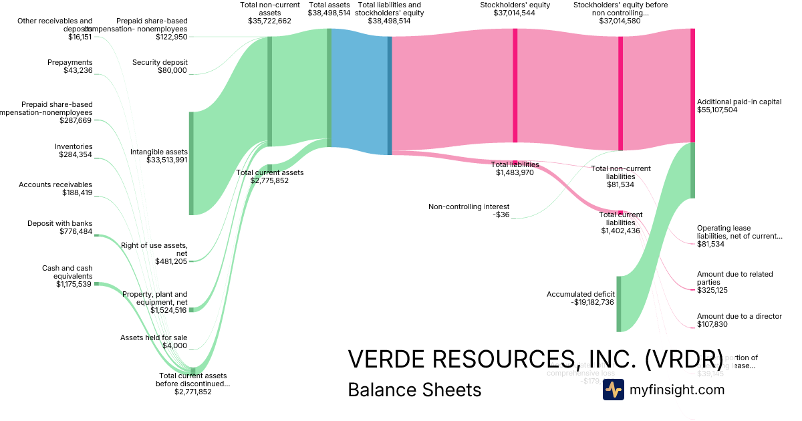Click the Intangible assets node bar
191,164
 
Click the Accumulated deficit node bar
618,303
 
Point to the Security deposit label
160,62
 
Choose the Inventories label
74,146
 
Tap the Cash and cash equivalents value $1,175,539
74,284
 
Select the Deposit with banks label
60,223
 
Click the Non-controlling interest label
469,206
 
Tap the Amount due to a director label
739,316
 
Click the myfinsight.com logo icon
613,390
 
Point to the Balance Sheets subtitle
414,390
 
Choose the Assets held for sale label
154,337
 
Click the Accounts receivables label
55,184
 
